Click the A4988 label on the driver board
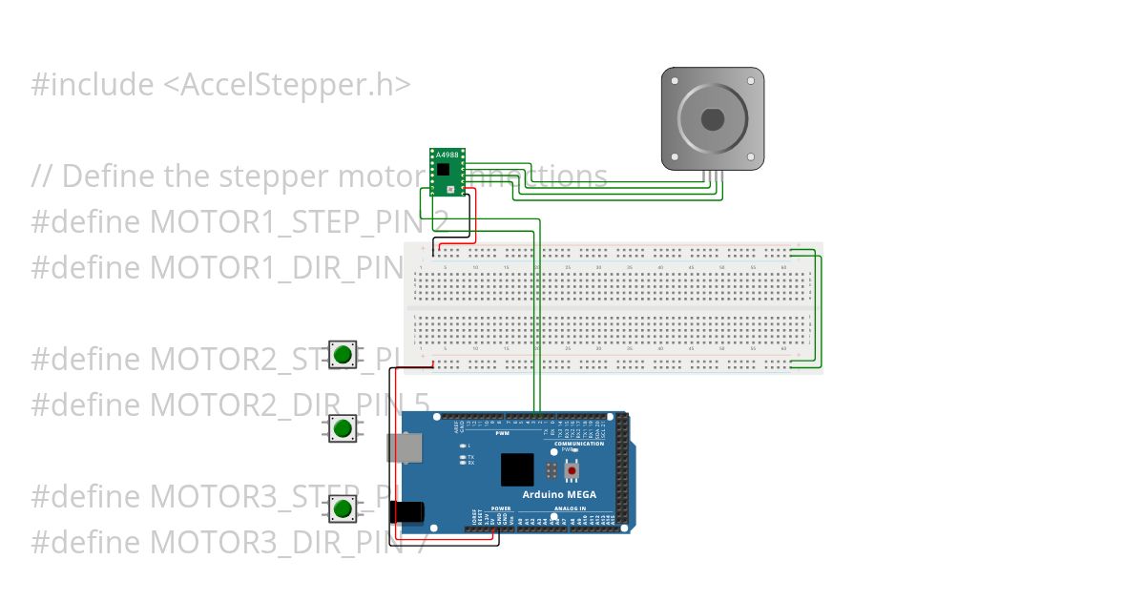click(446, 155)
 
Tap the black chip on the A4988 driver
click(444, 170)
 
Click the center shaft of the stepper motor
click(713, 119)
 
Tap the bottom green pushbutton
click(343, 508)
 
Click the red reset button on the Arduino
click(572, 470)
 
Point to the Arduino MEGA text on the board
click(559, 494)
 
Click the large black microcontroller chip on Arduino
click(517, 470)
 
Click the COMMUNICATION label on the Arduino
click(579, 444)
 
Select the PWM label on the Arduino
click(503, 434)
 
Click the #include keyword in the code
click(92, 85)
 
